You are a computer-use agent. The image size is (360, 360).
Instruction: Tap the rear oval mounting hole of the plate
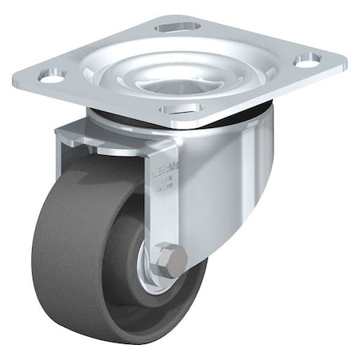tap(177, 27)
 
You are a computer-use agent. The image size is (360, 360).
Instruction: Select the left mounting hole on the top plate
tap(51, 76)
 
